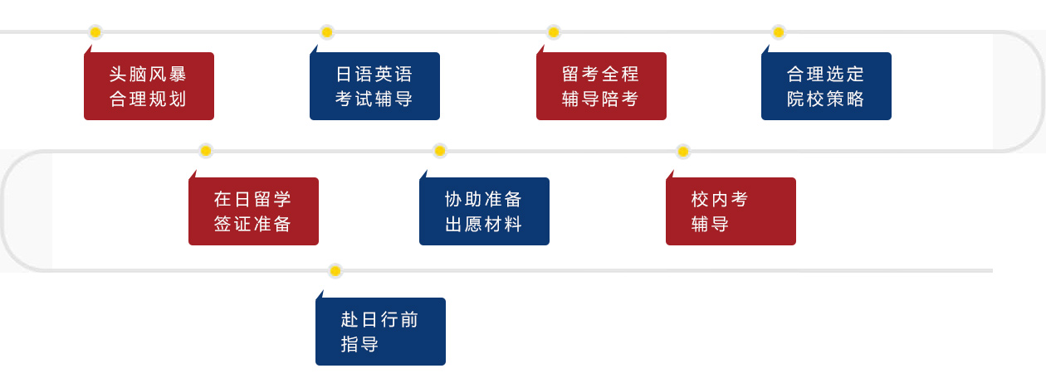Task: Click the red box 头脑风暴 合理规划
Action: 149,85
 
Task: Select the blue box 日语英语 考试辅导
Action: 374,85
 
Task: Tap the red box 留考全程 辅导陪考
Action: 601,85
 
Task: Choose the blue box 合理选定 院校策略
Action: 826,85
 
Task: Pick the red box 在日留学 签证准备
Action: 253,211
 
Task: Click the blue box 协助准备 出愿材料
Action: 484,211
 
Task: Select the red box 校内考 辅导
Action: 731,211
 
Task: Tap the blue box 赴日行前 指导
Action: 380,332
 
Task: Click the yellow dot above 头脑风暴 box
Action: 95,32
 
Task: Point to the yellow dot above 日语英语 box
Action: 327,32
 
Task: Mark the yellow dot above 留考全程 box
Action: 554,32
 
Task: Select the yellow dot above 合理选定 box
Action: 779,32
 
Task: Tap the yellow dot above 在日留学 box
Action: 206,151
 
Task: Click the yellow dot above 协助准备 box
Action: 439,151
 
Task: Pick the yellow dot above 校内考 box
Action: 682,152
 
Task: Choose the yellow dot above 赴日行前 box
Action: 335,271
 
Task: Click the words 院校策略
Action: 825,99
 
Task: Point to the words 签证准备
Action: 252,224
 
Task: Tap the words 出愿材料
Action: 483,224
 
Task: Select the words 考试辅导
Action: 374,99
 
